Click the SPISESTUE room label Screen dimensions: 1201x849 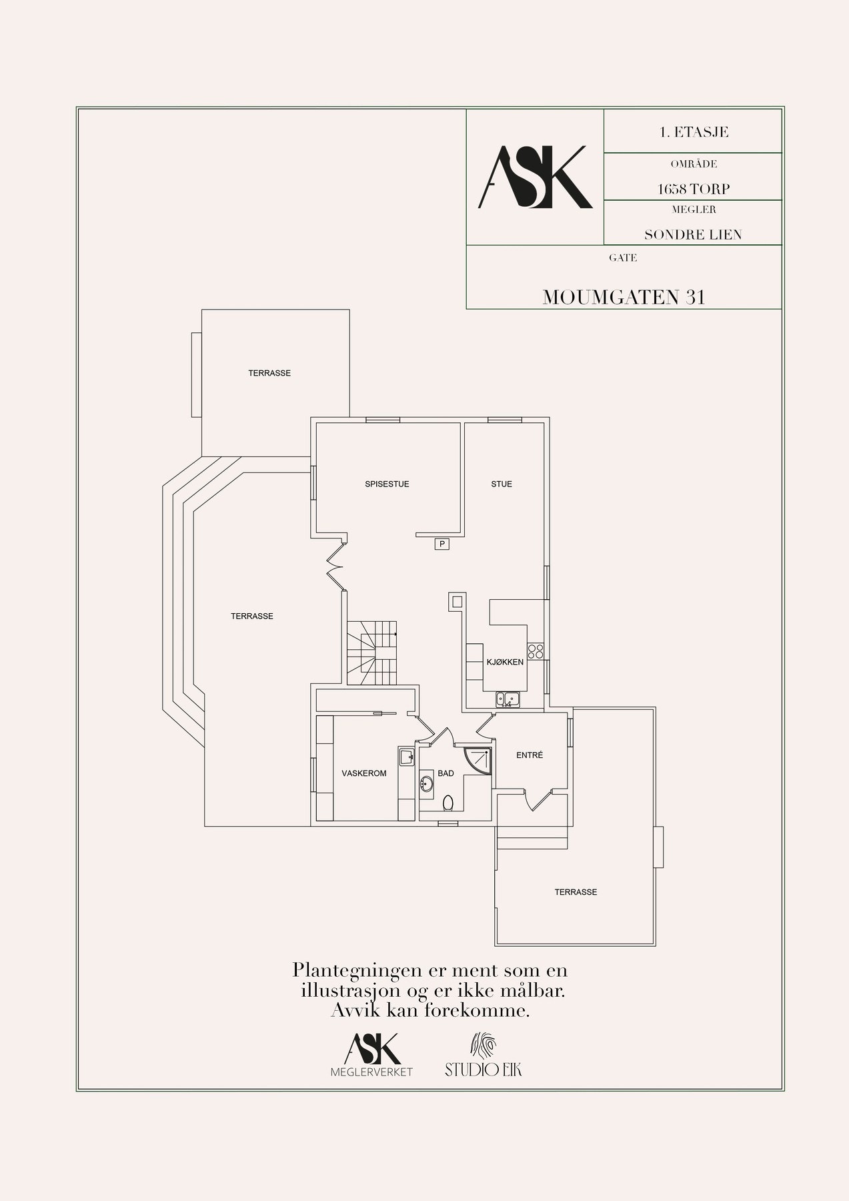[x=387, y=484]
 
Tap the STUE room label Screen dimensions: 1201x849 [x=502, y=484]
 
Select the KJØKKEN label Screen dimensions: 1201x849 [x=505, y=663]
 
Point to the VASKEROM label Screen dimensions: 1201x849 [x=364, y=773]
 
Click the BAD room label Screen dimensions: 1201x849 [x=446, y=773]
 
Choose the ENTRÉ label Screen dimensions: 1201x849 [x=530, y=755]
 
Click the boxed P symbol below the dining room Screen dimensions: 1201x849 [x=442, y=544]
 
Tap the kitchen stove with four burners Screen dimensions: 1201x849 [x=536, y=649]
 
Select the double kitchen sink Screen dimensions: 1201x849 [x=508, y=699]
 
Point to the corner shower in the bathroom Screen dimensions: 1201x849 [x=482, y=760]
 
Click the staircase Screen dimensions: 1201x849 [x=371, y=652]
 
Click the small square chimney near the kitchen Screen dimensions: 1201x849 [x=456, y=602]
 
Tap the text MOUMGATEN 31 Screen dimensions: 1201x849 [x=624, y=298]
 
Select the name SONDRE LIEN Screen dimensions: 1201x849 [x=692, y=235]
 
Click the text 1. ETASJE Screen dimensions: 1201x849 [x=693, y=132]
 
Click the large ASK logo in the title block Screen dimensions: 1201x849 [x=535, y=177]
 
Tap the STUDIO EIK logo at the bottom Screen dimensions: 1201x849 [x=484, y=1055]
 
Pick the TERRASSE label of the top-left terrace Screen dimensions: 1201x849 [x=269, y=373]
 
